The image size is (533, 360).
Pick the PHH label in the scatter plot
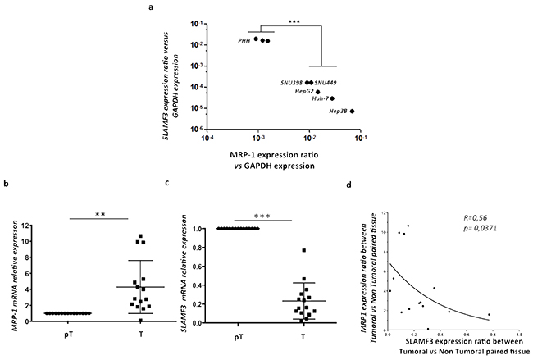(244, 39)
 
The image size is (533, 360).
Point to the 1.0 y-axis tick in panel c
(196, 228)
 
